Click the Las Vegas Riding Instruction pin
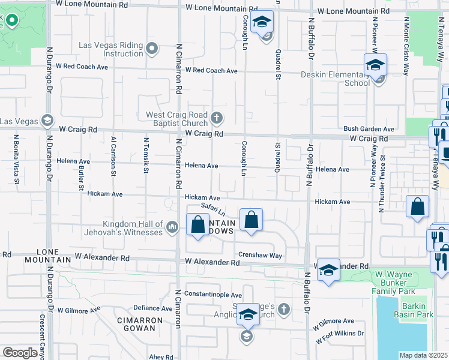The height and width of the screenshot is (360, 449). (152, 49)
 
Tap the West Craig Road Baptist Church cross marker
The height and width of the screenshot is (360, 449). (217, 116)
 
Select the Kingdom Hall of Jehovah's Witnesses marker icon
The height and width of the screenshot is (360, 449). (172, 226)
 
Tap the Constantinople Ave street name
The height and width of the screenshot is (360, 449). (212, 295)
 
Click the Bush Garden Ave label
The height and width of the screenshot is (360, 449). (369, 129)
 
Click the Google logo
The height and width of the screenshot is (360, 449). (20, 353)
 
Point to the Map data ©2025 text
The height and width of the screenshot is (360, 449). (423, 355)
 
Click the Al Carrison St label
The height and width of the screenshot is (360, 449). (113, 156)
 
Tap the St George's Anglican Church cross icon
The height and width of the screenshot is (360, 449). (283, 310)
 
